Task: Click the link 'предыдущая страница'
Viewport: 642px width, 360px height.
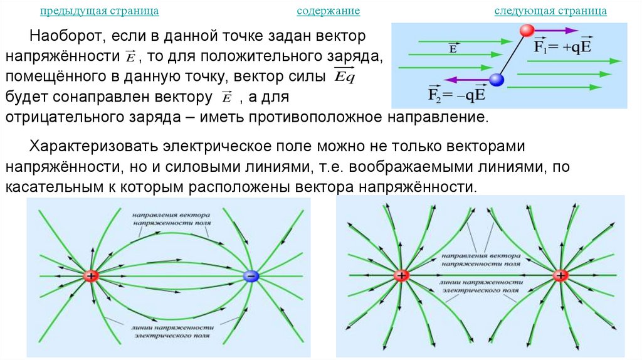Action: point(99,12)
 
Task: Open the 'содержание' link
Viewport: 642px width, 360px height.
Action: point(328,12)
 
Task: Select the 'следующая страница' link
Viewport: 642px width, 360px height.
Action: point(550,12)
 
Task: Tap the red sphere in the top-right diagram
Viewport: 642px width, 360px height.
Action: point(527,30)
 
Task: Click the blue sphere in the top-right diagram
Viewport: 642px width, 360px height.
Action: point(497,80)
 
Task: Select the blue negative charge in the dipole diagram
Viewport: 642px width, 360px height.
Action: point(250,276)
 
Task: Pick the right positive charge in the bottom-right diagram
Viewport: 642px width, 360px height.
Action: point(560,275)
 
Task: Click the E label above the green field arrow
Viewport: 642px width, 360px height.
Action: point(452,47)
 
